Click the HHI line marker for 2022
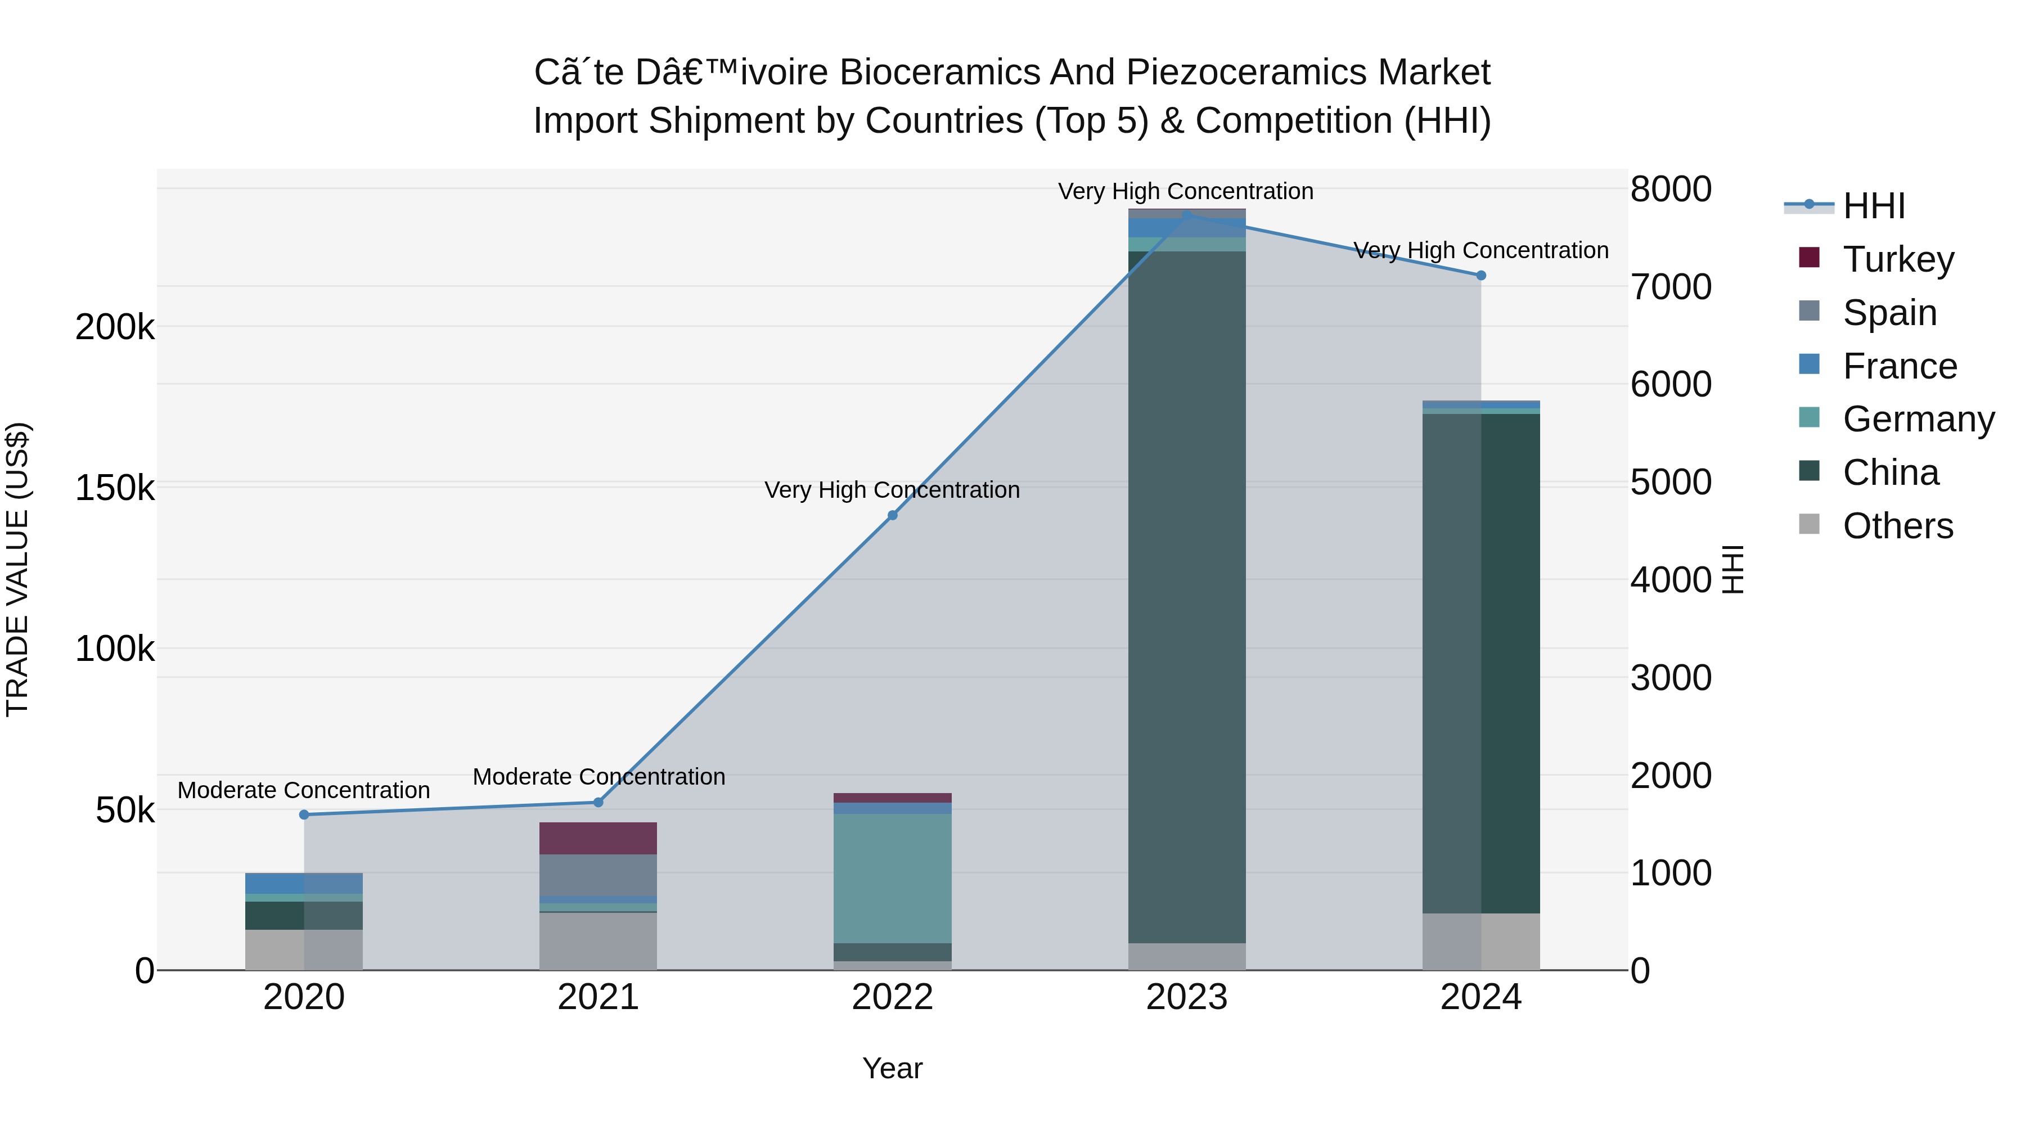[x=892, y=516]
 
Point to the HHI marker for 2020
[x=304, y=814]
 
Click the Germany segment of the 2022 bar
[x=892, y=878]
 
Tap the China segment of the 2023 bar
[x=1187, y=597]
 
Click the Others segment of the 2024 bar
[x=1481, y=941]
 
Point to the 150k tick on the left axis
[x=115, y=488]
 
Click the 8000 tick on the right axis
[x=1671, y=190]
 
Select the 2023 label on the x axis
[x=1186, y=997]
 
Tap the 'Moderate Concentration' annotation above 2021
[x=598, y=777]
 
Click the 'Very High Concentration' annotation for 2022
[x=892, y=490]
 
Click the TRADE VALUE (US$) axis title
[x=18, y=569]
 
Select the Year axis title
[x=892, y=1068]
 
